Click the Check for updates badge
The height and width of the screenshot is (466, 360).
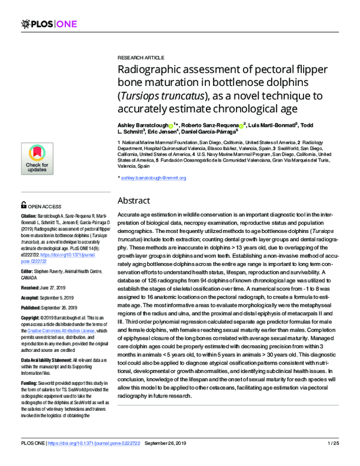point(37,159)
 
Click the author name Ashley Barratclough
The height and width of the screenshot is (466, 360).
point(143,126)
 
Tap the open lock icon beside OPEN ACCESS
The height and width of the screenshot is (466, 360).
point(23,204)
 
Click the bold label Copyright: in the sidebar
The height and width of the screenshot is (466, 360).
point(33,316)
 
